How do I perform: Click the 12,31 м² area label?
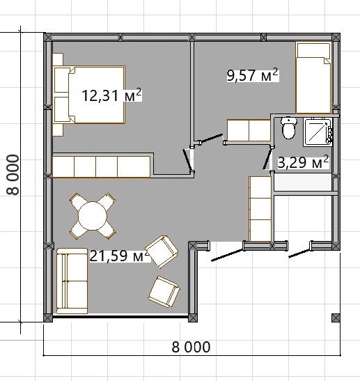(111, 95)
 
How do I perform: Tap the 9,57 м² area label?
(253, 75)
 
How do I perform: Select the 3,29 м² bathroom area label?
(303, 162)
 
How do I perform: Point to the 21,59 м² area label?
(120, 256)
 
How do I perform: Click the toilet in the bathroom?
(289, 127)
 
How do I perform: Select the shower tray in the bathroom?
(318, 132)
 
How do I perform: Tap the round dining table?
(93, 216)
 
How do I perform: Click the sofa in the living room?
(72, 281)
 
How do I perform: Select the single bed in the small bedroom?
(313, 78)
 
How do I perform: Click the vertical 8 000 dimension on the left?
(13, 175)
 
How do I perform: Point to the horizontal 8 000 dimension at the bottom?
(191, 347)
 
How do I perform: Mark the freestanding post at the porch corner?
(336, 318)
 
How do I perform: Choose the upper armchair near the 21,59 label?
(162, 251)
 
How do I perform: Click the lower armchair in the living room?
(164, 292)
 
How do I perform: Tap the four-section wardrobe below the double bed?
(102, 166)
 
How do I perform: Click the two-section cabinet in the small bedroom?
(249, 130)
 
